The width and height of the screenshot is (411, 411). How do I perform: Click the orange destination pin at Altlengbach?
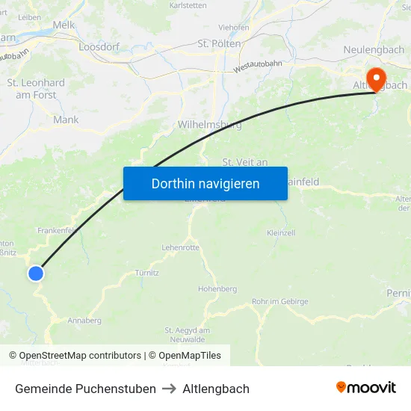tap(376, 78)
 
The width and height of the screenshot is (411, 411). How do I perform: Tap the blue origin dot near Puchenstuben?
tap(35, 274)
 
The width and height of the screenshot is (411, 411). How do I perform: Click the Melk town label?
tap(64, 25)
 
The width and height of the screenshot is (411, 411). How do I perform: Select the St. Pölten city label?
tap(220, 44)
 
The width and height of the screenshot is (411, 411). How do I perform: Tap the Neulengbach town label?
tap(374, 49)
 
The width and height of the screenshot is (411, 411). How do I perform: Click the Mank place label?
tap(66, 120)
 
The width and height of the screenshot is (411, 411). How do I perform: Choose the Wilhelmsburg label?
tap(210, 125)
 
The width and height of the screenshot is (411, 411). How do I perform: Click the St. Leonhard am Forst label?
tap(36, 89)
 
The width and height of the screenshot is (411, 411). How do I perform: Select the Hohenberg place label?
tap(217, 288)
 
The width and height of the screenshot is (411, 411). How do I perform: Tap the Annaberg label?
tap(84, 321)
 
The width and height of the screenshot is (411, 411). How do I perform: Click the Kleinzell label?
tap(280, 233)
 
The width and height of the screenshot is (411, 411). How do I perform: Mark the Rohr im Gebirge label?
tap(280, 301)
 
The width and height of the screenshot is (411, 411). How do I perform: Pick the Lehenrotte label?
tap(180, 247)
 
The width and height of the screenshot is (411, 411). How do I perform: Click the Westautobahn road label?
tap(258, 66)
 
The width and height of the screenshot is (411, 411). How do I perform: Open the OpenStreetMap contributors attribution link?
tap(80, 356)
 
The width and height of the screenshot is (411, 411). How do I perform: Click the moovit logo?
tap(366, 388)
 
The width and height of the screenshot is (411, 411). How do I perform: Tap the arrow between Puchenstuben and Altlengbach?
tap(170, 389)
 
